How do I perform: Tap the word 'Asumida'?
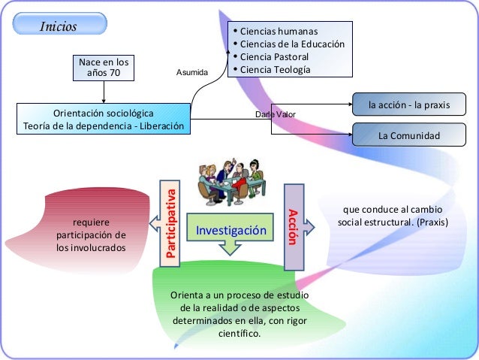192,72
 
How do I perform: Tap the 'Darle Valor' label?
276,114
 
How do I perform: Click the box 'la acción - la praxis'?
408,105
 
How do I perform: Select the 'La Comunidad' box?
408,136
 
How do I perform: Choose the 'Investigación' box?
231,231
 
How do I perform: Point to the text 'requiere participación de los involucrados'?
91,235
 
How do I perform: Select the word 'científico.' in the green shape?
239,333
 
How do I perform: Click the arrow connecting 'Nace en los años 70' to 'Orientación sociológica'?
104,91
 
